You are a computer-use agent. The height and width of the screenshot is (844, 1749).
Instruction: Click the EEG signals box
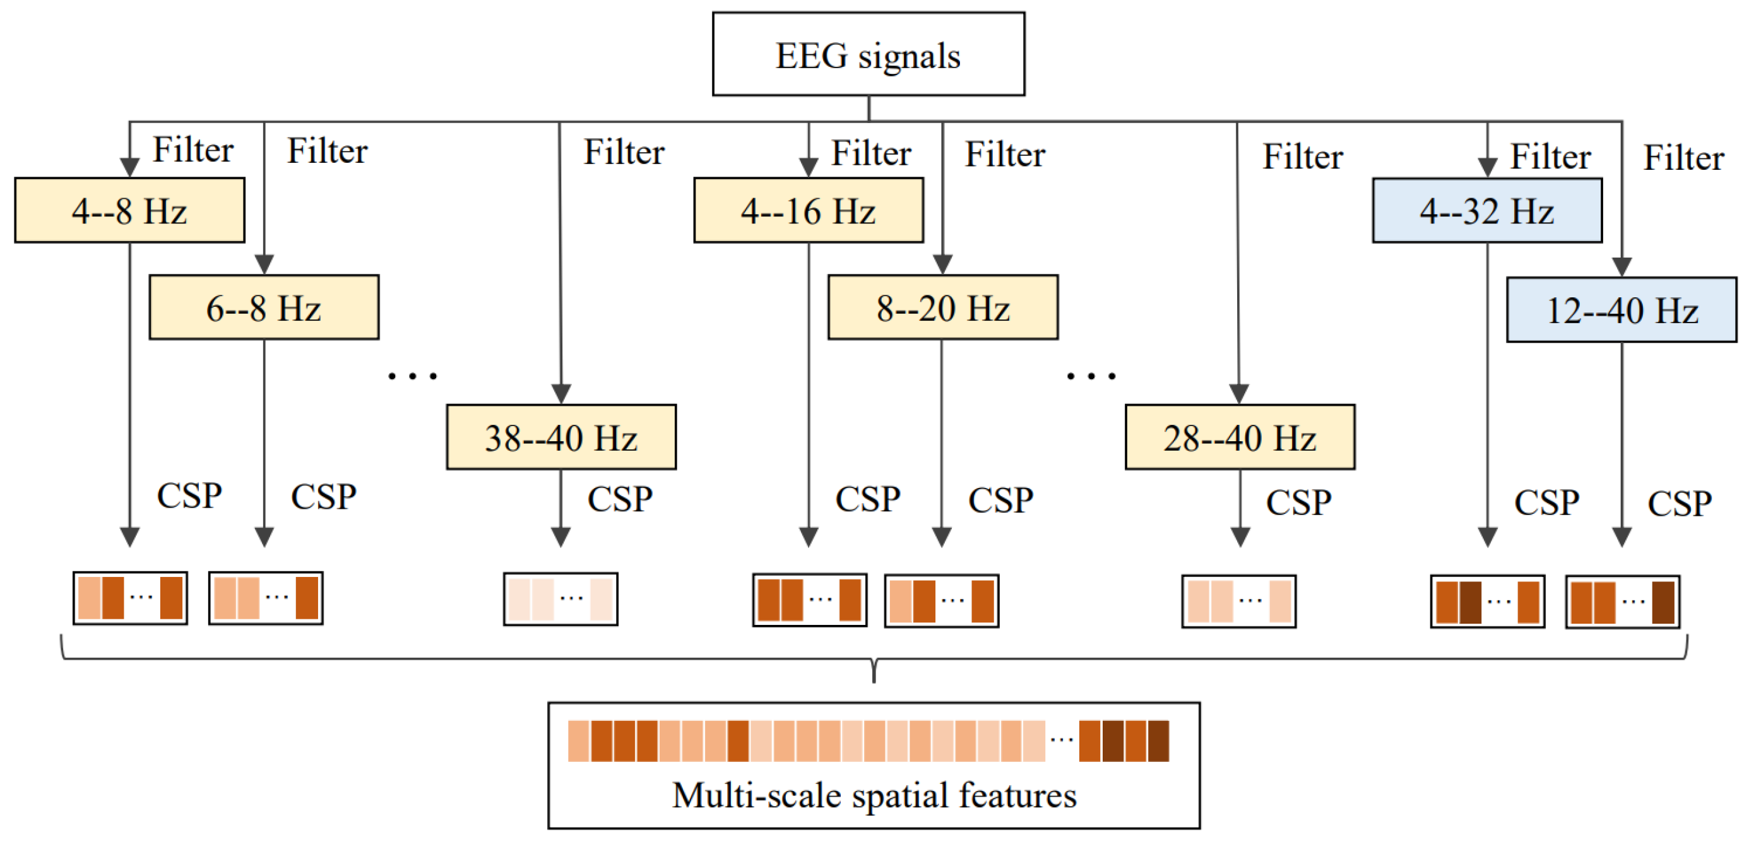pos(868,54)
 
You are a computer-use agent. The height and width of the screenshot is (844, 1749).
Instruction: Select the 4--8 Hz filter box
pos(129,210)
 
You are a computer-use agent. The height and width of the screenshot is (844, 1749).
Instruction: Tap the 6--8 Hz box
pos(263,307)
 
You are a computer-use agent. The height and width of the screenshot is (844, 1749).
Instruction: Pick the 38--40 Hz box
pos(561,437)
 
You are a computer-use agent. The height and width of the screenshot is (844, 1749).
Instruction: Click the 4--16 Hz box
pos(808,210)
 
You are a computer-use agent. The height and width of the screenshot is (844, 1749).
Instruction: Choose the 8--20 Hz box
pos(942,307)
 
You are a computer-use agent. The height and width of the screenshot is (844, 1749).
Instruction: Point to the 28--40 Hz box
pos(1240,437)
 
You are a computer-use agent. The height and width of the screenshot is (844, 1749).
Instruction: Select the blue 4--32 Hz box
pos(1487,210)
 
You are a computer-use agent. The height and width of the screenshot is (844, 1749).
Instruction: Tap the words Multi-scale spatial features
pos(874,795)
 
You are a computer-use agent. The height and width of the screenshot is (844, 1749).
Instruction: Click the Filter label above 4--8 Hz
pos(193,150)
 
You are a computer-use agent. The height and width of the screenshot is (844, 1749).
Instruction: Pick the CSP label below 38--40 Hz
pos(619,499)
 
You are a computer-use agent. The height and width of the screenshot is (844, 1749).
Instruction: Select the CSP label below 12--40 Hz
pos(1679,503)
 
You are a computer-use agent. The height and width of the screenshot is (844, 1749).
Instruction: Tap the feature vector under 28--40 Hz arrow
pos(1238,602)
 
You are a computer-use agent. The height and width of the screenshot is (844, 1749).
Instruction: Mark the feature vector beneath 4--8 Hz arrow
pos(131,598)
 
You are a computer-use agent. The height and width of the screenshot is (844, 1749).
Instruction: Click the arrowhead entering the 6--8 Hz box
pos(264,264)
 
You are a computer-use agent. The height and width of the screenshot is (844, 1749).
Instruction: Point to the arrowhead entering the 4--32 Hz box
pos(1487,167)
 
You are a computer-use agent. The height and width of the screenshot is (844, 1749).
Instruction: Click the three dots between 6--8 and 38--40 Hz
pos(412,376)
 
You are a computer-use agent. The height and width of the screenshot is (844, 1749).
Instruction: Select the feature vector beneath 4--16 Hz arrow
pos(809,600)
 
